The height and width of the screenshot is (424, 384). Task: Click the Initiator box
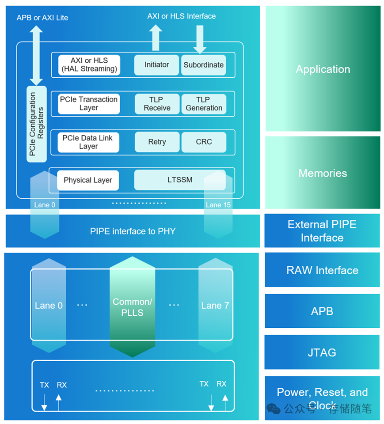156,65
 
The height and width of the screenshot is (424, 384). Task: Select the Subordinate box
204,65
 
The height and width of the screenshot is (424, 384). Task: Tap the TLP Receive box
157,104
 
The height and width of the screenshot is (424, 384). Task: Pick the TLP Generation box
204,104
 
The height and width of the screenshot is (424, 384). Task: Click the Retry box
157,142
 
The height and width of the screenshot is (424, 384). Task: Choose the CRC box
204,142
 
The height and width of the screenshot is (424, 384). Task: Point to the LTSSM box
180,180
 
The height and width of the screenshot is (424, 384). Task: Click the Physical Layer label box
88,180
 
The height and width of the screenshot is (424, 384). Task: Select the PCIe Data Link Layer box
88,142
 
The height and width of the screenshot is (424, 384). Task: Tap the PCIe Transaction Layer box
88,104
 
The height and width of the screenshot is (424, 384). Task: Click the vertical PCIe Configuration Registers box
37,124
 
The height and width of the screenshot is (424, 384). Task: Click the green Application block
323,69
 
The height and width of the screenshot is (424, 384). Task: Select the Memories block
323,173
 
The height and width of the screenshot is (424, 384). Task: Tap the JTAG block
322,352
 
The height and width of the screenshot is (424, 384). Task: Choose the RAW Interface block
322,270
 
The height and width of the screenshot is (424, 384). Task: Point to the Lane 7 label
215,306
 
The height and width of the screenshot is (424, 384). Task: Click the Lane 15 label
218,205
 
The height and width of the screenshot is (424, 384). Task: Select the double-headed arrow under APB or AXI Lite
36,55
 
